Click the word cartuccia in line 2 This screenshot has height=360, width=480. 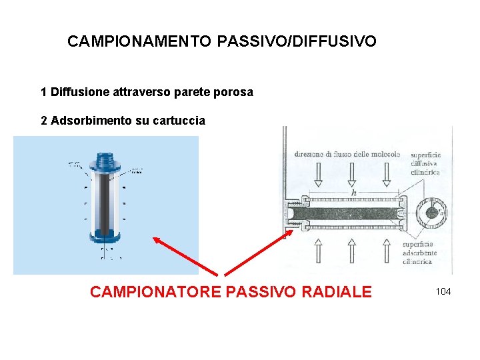(x=179, y=121)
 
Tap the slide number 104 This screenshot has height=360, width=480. (x=443, y=291)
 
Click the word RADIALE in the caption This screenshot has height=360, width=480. (x=336, y=292)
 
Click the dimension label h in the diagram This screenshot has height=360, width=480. (x=353, y=193)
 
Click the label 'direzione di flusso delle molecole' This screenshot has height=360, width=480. (x=347, y=154)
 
